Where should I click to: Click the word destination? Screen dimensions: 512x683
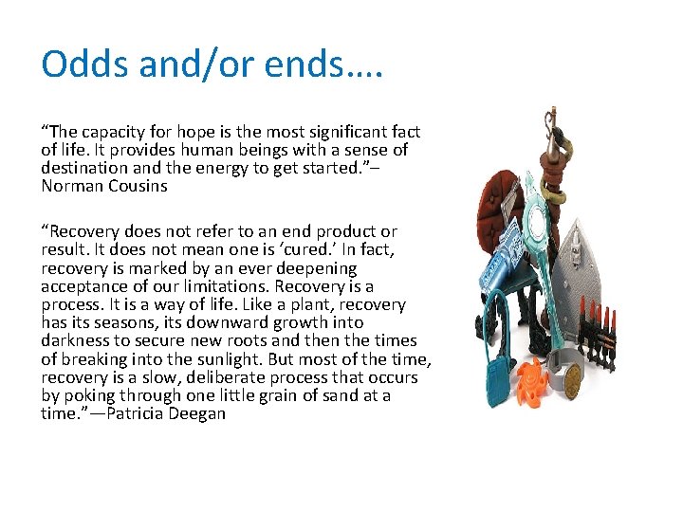click(x=84, y=168)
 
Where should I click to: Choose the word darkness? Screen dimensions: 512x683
click(x=75, y=340)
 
